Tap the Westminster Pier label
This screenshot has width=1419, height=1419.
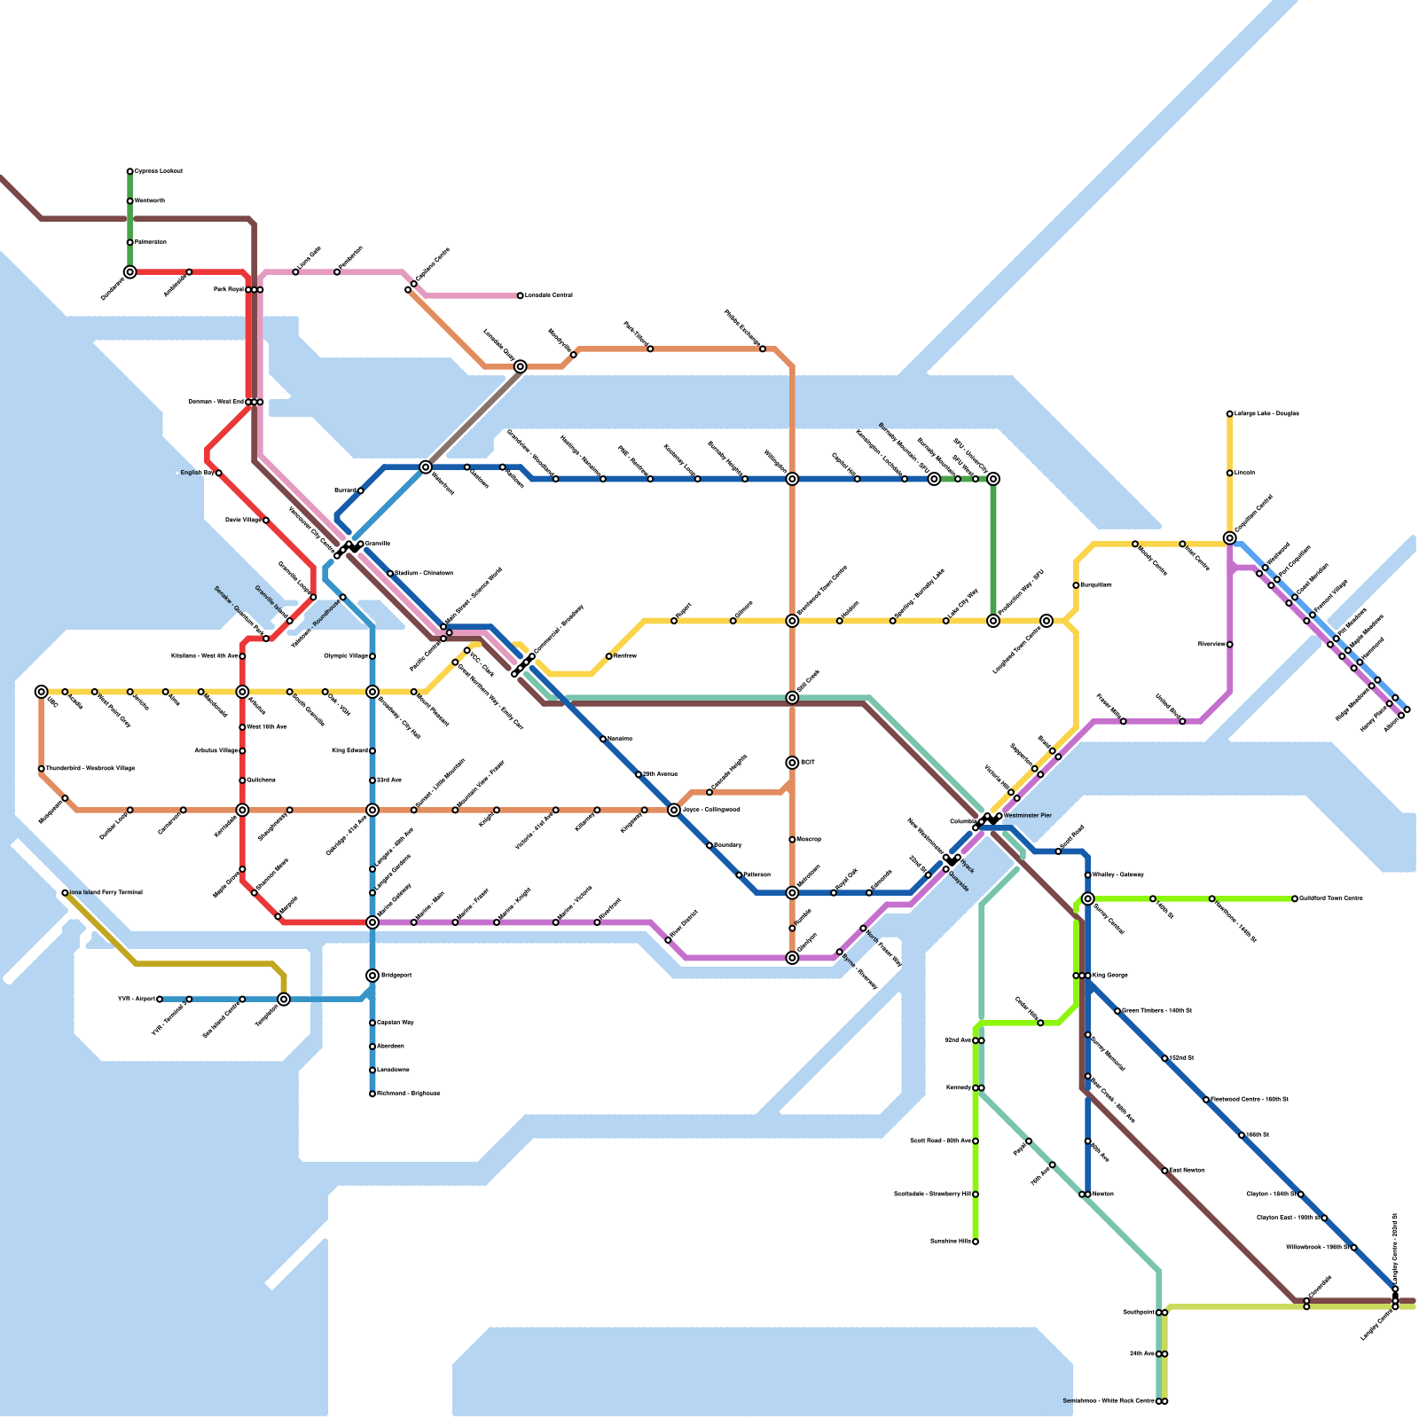pyautogui.click(x=1027, y=815)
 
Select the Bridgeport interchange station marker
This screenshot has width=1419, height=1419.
pyautogui.click(x=372, y=976)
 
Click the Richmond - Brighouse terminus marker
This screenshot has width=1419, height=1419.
pyautogui.click(x=372, y=1094)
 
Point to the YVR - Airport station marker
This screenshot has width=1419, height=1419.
pyautogui.click(x=160, y=1000)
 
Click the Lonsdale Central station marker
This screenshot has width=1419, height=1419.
pyautogui.click(x=521, y=295)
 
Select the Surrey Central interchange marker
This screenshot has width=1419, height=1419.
pyautogui.click(x=1088, y=898)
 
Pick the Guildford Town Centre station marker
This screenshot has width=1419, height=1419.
pyautogui.click(x=1295, y=898)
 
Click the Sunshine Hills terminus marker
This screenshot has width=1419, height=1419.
pyautogui.click(x=976, y=1242)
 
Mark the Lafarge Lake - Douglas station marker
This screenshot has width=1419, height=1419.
pyautogui.click(x=1230, y=414)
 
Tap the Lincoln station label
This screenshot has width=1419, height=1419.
pyautogui.click(x=1245, y=473)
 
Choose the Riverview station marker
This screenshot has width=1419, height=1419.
pyautogui.click(x=1230, y=645)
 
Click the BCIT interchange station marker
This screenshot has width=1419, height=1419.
pyautogui.click(x=792, y=763)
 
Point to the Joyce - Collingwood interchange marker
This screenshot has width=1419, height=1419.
pyautogui.click(x=674, y=810)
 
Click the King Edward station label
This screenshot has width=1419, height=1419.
pyautogui.click(x=349, y=750)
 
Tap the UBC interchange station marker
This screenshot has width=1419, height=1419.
pyautogui.click(x=42, y=692)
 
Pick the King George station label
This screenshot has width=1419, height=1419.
pyautogui.click(x=1110, y=975)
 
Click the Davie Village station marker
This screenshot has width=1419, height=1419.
pyautogui.click(x=266, y=521)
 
